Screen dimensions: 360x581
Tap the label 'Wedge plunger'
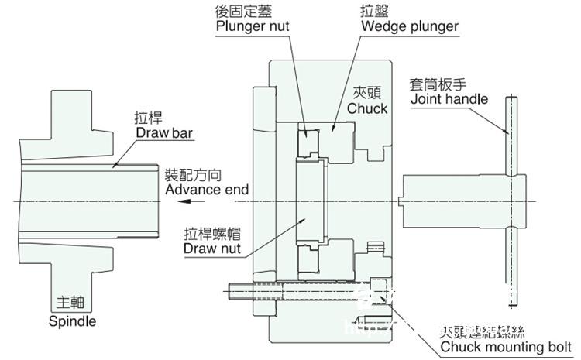coord(408,26)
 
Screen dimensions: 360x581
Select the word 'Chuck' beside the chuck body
coord(367,108)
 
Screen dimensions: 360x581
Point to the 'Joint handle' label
coord(449,98)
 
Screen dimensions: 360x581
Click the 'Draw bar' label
coord(164,132)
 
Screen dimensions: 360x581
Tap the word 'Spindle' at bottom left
coord(73,320)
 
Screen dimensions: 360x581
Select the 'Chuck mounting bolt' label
coord(507,346)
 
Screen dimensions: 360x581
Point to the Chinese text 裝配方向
coord(191,174)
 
